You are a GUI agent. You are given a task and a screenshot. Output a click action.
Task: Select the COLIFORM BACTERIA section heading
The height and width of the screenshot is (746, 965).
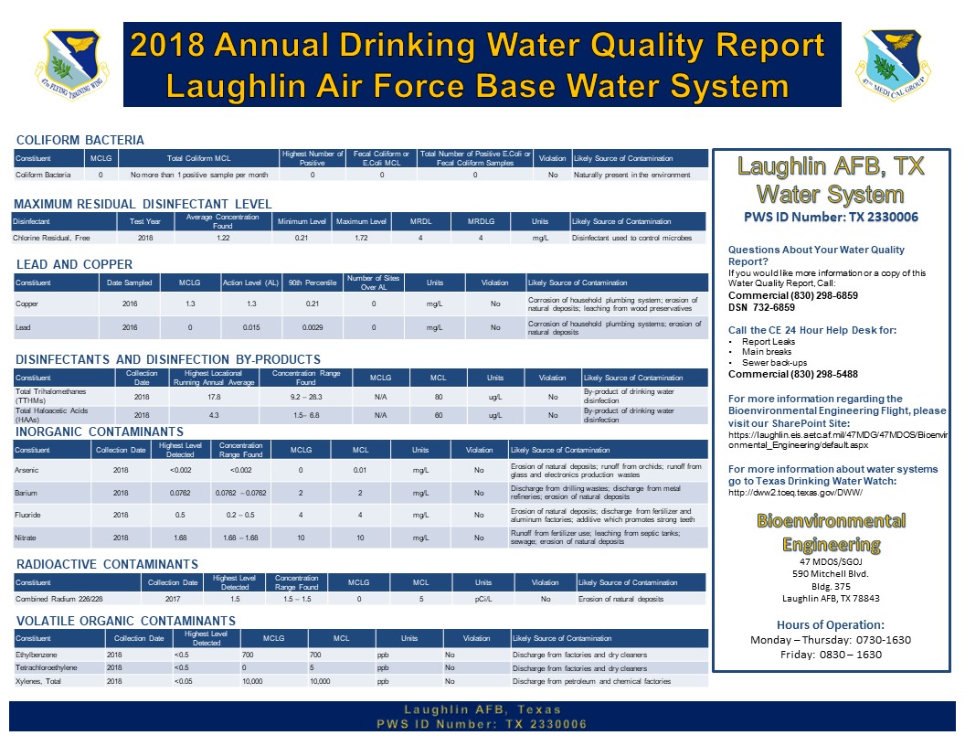coord(80,140)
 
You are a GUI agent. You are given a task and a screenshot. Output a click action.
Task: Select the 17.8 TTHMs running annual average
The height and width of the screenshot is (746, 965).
coord(214,398)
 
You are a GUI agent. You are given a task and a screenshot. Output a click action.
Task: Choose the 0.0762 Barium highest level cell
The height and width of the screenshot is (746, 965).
coord(180,493)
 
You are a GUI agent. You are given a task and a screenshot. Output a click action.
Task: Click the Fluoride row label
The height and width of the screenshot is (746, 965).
coord(28,515)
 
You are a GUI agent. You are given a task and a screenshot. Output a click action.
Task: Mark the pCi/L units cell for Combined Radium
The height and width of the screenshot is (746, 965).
coord(483,600)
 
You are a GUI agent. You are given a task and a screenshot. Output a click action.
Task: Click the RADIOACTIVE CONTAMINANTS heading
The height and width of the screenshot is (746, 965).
coord(107,564)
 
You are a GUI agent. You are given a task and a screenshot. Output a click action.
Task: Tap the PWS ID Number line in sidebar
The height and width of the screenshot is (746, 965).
coord(830,218)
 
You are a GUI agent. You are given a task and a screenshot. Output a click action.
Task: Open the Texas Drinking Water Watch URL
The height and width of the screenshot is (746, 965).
coord(795,493)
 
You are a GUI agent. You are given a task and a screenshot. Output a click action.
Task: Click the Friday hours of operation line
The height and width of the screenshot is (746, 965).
coord(830,655)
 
